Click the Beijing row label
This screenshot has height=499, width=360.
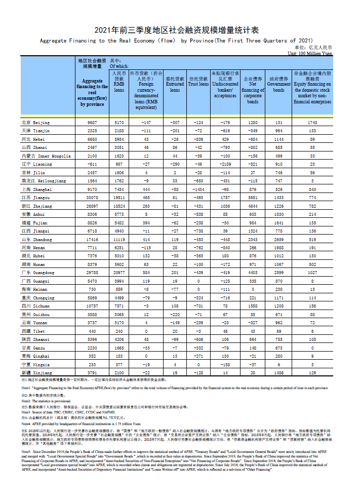[x=35, y=123]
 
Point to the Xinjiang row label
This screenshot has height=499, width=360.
[x=36, y=373]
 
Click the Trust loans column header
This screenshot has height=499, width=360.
[x=198, y=82]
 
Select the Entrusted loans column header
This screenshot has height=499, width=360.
[x=175, y=85]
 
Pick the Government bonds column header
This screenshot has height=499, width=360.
[x=278, y=85]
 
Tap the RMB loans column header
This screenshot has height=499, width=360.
[x=119, y=82]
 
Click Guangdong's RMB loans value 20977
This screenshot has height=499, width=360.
[x=119, y=273]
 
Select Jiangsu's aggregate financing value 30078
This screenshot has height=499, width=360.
[x=92, y=198]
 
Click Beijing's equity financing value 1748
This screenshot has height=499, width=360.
[x=312, y=123]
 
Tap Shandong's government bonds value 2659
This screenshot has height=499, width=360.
[x=278, y=239]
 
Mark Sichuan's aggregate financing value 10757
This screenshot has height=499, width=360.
[x=92, y=306]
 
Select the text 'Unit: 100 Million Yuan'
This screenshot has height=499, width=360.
[x=310, y=53]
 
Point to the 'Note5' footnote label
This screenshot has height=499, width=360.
[x=26, y=450]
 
